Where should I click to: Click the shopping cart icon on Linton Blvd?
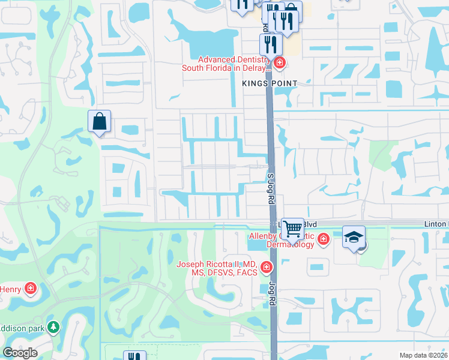[292, 228]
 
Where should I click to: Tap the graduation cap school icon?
[354, 236]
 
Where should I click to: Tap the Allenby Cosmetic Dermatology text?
[282, 240]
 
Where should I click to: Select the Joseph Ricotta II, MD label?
[217, 268]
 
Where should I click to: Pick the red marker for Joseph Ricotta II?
[265, 266]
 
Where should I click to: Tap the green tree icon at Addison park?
[54, 327]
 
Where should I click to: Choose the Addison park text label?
[23, 328]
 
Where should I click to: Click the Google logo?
[20, 353]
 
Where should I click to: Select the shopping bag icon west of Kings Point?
[100, 121]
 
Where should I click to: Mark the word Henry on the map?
[10, 290]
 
